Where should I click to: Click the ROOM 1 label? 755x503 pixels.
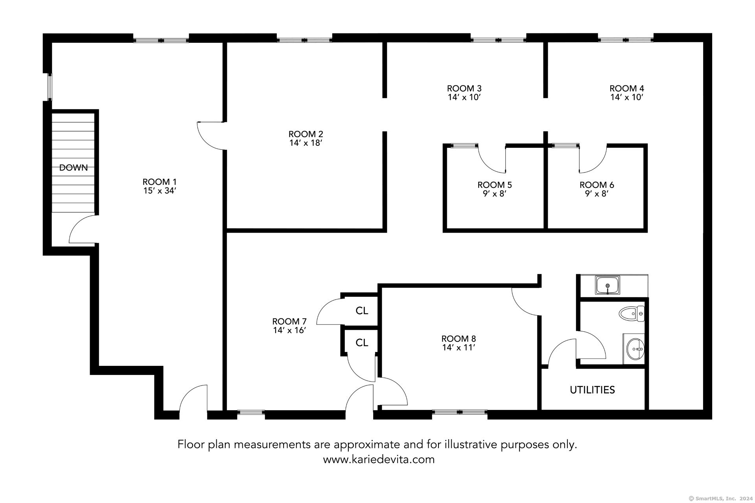(x=159, y=182)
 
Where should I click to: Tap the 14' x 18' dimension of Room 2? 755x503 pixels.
(x=306, y=143)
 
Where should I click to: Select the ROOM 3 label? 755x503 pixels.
(x=464, y=88)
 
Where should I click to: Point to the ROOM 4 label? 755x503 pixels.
(x=627, y=88)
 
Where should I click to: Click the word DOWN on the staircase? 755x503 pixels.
(x=74, y=168)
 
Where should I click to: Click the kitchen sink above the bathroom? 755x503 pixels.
(x=608, y=285)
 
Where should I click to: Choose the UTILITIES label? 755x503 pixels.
(x=592, y=390)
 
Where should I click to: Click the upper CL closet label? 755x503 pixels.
(x=362, y=311)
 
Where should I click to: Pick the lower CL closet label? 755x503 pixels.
(x=362, y=343)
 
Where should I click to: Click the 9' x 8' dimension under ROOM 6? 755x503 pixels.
(x=597, y=194)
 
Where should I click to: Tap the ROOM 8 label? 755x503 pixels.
(x=459, y=339)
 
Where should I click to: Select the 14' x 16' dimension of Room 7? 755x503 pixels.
(x=289, y=330)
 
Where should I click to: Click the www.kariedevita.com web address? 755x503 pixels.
(x=379, y=459)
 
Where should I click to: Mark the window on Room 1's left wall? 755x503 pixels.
(x=50, y=87)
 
